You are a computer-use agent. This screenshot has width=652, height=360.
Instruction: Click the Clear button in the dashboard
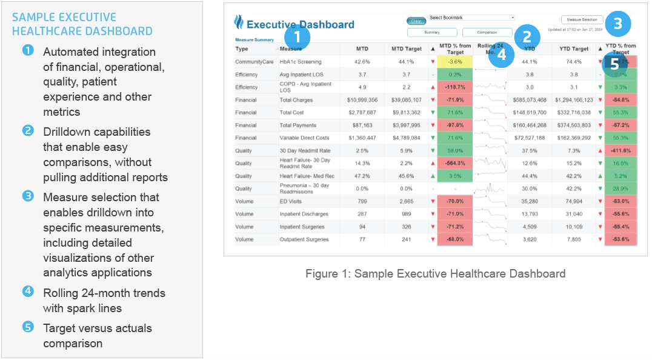pyautogui.click(x=417, y=21)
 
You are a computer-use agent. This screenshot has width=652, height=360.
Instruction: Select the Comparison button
pyautogui.click(x=487, y=33)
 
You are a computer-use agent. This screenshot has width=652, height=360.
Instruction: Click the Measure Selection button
pyautogui.click(x=582, y=20)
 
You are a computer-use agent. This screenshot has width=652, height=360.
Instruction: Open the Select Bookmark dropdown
pyautogui.click(x=472, y=18)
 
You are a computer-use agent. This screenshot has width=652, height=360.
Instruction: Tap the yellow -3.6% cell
pyautogui.click(x=455, y=62)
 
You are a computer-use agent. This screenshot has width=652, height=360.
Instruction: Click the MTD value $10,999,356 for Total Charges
pyautogui.click(x=362, y=100)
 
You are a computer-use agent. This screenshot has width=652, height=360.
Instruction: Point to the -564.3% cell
pyautogui.click(x=455, y=164)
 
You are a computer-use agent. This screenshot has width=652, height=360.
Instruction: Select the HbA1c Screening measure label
pyautogui.click(x=301, y=62)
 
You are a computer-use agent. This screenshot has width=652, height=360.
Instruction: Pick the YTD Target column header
pyautogui.click(x=573, y=49)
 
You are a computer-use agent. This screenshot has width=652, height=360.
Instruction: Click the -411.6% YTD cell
pyautogui.click(x=620, y=151)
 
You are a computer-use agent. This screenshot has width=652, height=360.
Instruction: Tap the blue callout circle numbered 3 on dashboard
pyautogui.click(x=617, y=24)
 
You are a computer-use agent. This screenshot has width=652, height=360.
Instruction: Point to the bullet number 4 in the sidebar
pyautogui.click(x=28, y=291)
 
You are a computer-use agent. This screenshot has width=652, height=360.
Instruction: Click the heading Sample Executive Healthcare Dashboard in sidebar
pyautogui.click(x=82, y=24)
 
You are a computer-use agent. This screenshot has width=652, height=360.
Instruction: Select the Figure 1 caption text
pyautogui.click(x=435, y=273)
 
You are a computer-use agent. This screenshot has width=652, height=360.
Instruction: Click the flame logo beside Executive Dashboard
pyautogui.click(x=239, y=23)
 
